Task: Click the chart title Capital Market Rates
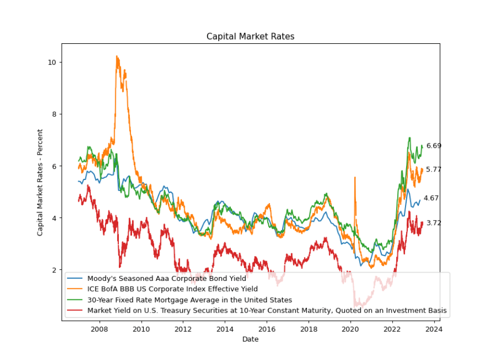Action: (250, 36)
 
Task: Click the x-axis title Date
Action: (250, 339)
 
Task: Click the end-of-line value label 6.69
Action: (434, 146)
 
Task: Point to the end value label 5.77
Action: (434, 169)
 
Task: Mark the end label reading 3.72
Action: (434, 223)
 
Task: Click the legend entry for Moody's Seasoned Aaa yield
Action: (166, 278)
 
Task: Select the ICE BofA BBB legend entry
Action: (172, 289)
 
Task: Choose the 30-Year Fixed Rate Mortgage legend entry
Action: (190, 300)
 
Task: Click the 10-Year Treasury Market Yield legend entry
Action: (267, 311)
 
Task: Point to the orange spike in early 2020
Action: (354, 178)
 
